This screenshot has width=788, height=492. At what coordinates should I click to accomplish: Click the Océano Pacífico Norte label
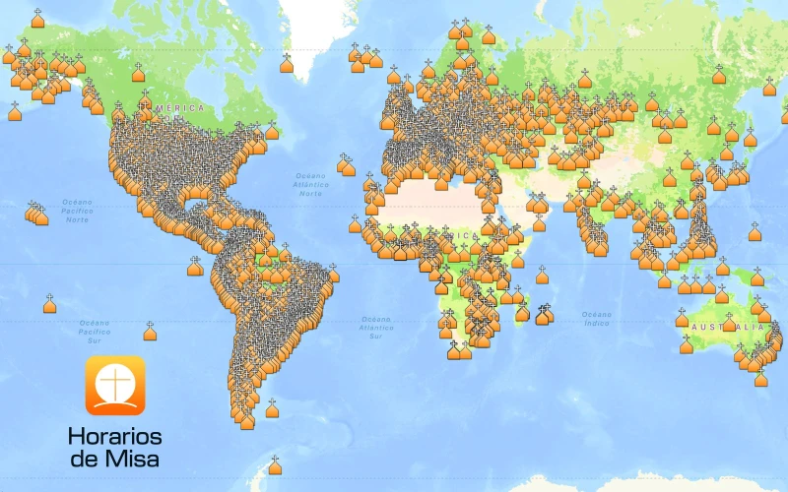pyautogui.click(x=77, y=211)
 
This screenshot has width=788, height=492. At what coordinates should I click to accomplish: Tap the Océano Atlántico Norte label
pyautogui.click(x=311, y=184)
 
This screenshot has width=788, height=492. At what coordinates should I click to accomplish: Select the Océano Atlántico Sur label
pyautogui.click(x=375, y=327)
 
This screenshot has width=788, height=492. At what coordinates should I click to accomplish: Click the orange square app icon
pyautogui.click(x=114, y=385)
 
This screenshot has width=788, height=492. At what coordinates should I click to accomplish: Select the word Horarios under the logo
pyautogui.click(x=114, y=436)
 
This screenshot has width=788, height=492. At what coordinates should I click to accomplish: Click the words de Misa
pyautogui.click(x=114, y=459)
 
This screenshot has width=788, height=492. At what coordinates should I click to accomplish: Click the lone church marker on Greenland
pyautogui.click(x=287, y=65)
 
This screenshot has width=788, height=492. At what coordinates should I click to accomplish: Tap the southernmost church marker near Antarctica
pyautogui.click(x=275, y=466)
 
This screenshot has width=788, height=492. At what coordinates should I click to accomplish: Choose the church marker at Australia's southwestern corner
pyautogui.click(x=687, y=345)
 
